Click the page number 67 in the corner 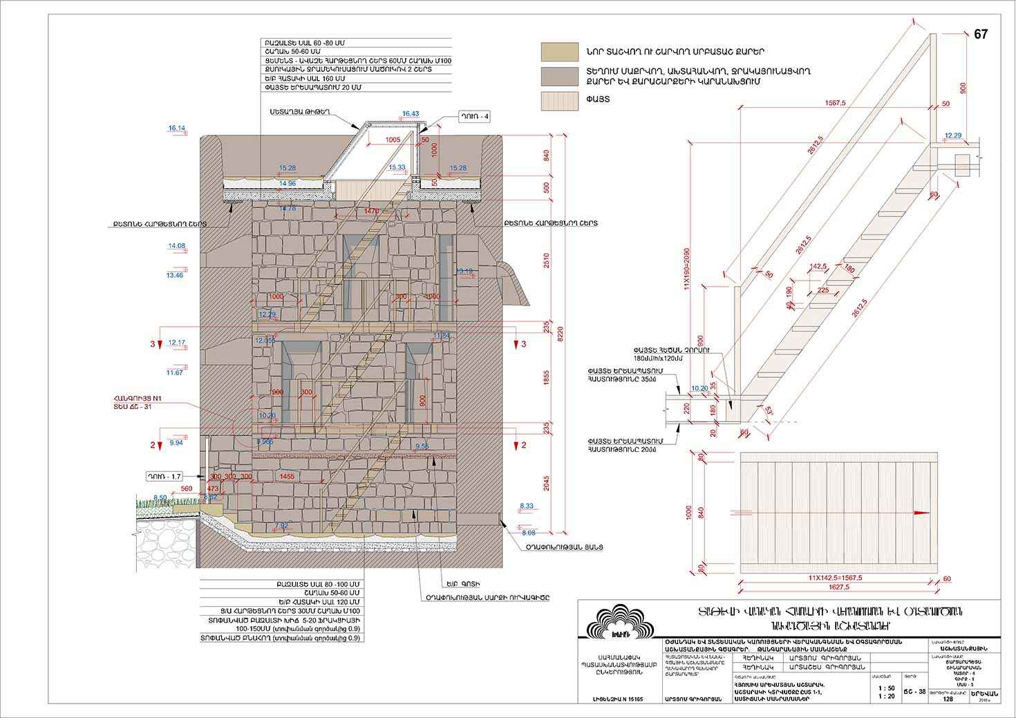(x=981, y=35)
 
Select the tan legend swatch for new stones (x=560, y=51)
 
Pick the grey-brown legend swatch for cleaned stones (x=560, y=76)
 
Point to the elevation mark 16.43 (x=411, y=113)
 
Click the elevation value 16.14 (x=177, y=129)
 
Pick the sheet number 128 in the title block (x=948, y=699)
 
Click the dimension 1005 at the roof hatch (x=393, y=140)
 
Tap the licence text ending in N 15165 (x=618, y=699)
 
